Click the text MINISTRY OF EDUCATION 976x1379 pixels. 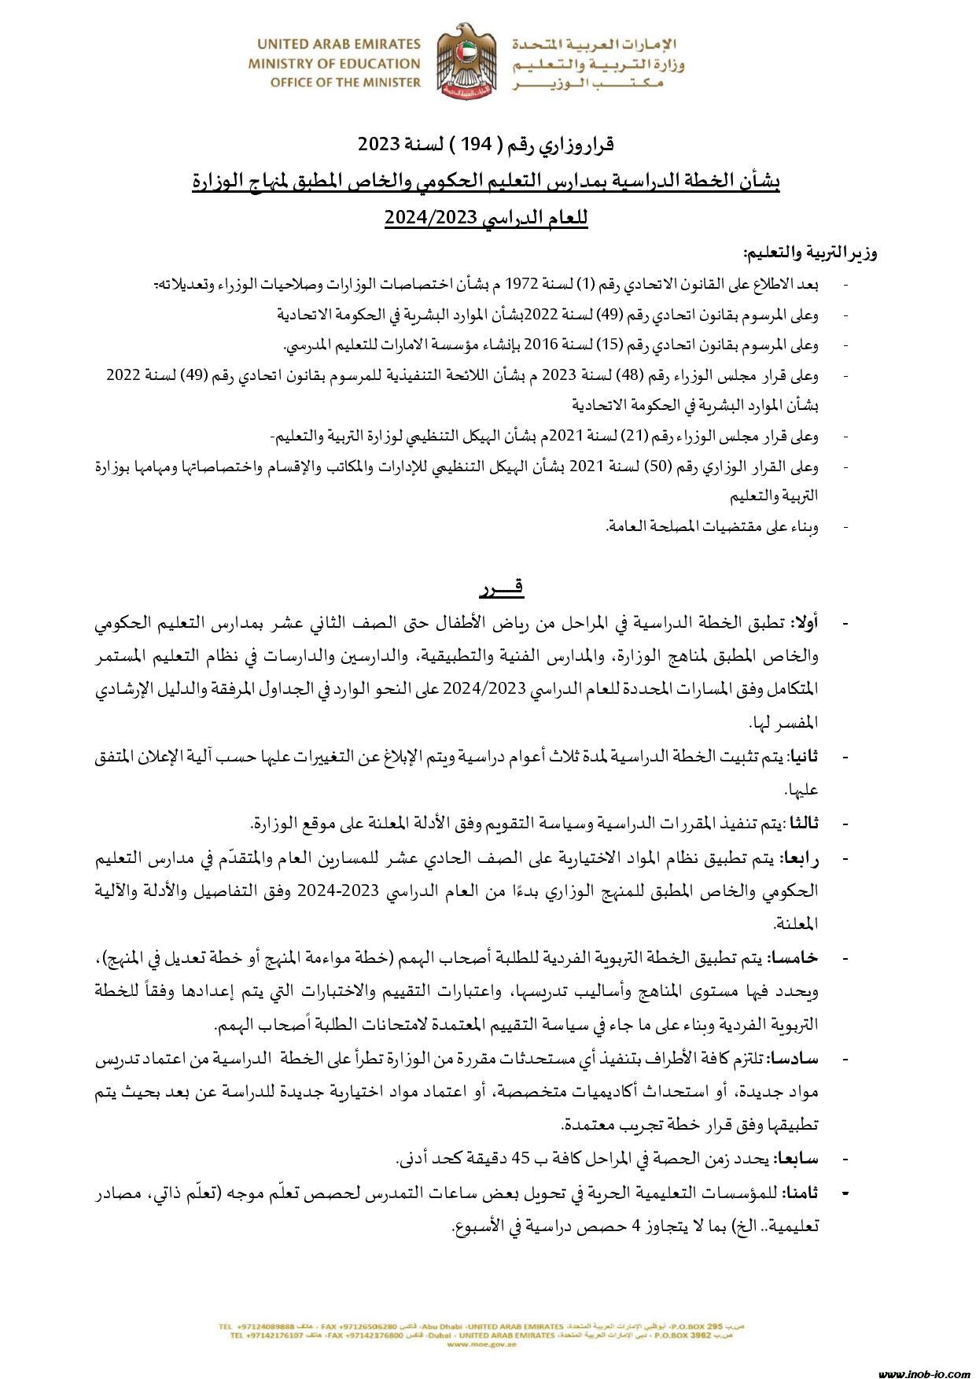334,63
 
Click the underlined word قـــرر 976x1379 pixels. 501,588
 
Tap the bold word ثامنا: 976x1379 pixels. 801,1193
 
